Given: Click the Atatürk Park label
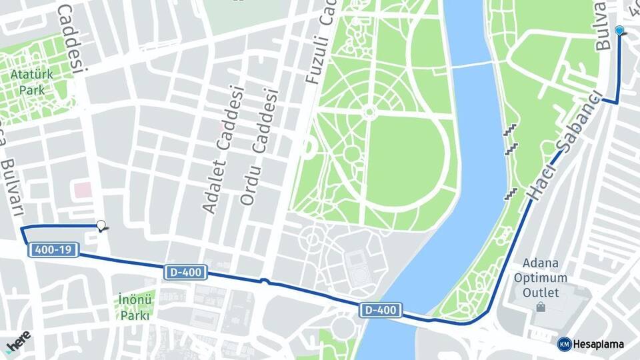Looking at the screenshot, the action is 28,81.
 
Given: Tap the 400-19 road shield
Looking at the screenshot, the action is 54,250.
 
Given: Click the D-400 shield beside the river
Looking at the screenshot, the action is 381,309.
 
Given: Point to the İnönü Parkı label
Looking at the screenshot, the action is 136,306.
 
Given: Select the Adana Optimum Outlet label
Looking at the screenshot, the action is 545,277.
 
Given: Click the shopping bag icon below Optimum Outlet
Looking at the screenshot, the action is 540,307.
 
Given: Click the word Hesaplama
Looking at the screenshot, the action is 599,344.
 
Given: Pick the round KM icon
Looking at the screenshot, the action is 564,344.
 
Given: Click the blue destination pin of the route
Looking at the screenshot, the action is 620,31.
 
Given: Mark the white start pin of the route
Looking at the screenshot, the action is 101,225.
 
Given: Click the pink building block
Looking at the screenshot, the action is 83,190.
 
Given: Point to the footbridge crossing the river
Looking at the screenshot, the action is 471,65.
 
